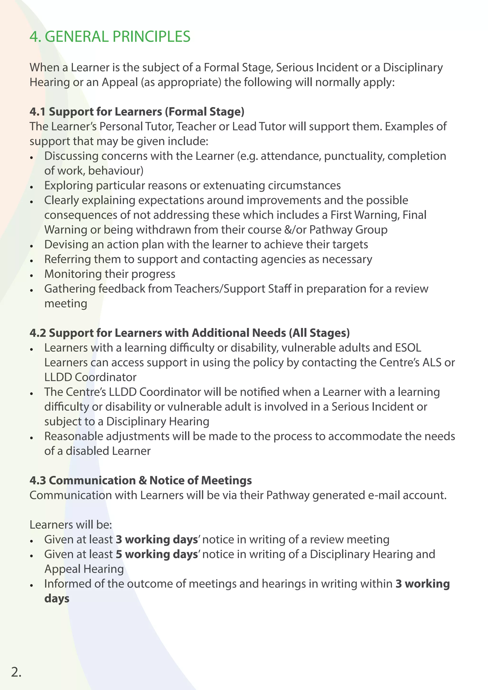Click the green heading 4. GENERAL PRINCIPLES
[110, 37]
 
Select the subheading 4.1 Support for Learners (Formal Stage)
[137, 111]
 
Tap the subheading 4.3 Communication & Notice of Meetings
[140, 480]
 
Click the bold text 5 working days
[157, 554]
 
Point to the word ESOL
[408, 348]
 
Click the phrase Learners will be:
[71, 525]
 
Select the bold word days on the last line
[57, 598]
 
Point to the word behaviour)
[116, 171]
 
